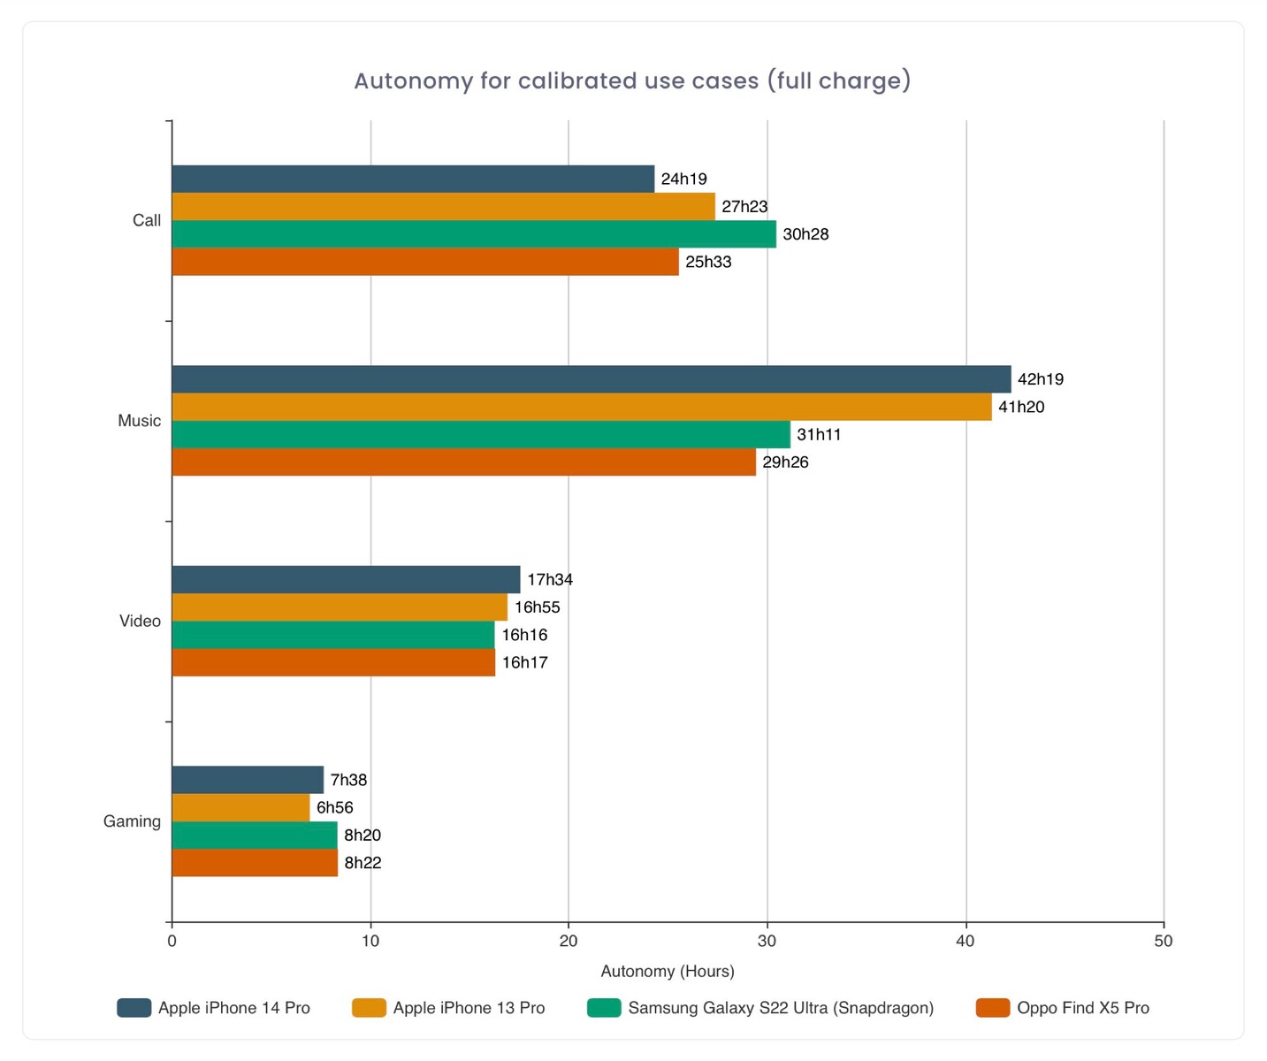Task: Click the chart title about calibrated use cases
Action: pyautogui.click(x=632, y=81)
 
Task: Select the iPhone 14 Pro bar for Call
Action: pyautogui.click(x=413, y=179)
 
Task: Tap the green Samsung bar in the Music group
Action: pyautogui.click(x=481, y=434)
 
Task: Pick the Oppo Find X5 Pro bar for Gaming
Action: pyautogui.click(x=255, y=863)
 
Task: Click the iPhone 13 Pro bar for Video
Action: pyautogui.click(x=340, y=607)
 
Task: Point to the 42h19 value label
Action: pyautogui.click(x=1041, y=379)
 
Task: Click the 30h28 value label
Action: pyautogui.click(x=805, y=234)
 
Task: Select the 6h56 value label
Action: pyautogui.click(x=335, y=807)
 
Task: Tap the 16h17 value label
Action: pyautogui.click(x=525, y=662)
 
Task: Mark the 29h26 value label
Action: pyautogui.click(x=785, y=462)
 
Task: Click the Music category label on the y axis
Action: pyautogui.click(x=140, y=421)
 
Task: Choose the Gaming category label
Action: pyautogui.click(x=132, y=821)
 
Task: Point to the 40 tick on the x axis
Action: pyautogui.click(x=966, y=941)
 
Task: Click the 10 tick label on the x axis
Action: pyautogui.click(x=370, y=941)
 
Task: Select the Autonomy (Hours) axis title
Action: pyautogui.click(x=668, y=971)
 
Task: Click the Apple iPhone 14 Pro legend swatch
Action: pyautogui.click(x=134, y=1008)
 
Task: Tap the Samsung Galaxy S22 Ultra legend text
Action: pyautogui.click(x=781, y=1008)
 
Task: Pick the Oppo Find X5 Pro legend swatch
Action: pyautogui.click(x=993, y=1008)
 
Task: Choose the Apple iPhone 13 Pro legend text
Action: pyautogui.click(x=469, y=1008)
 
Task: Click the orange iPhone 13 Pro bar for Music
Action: pyautogui.click(x=582, y=407)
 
